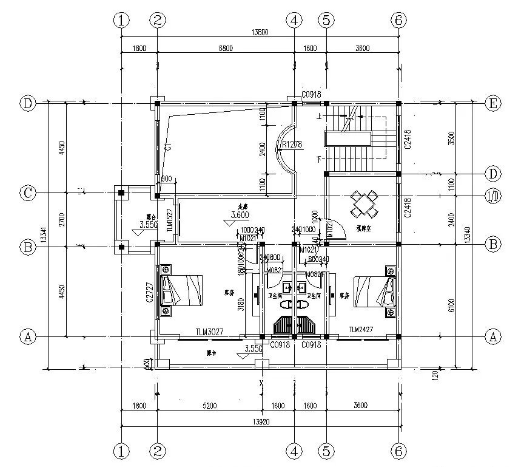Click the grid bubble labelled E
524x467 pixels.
(x=493, y=103)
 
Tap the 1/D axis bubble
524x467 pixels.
(x=493, y=196)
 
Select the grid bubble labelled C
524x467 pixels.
(x=27, y=193)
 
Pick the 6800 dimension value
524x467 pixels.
(x=225, y=49)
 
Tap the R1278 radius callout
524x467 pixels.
(x=292, y=145)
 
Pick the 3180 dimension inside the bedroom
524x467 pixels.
(x=241, y=304)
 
